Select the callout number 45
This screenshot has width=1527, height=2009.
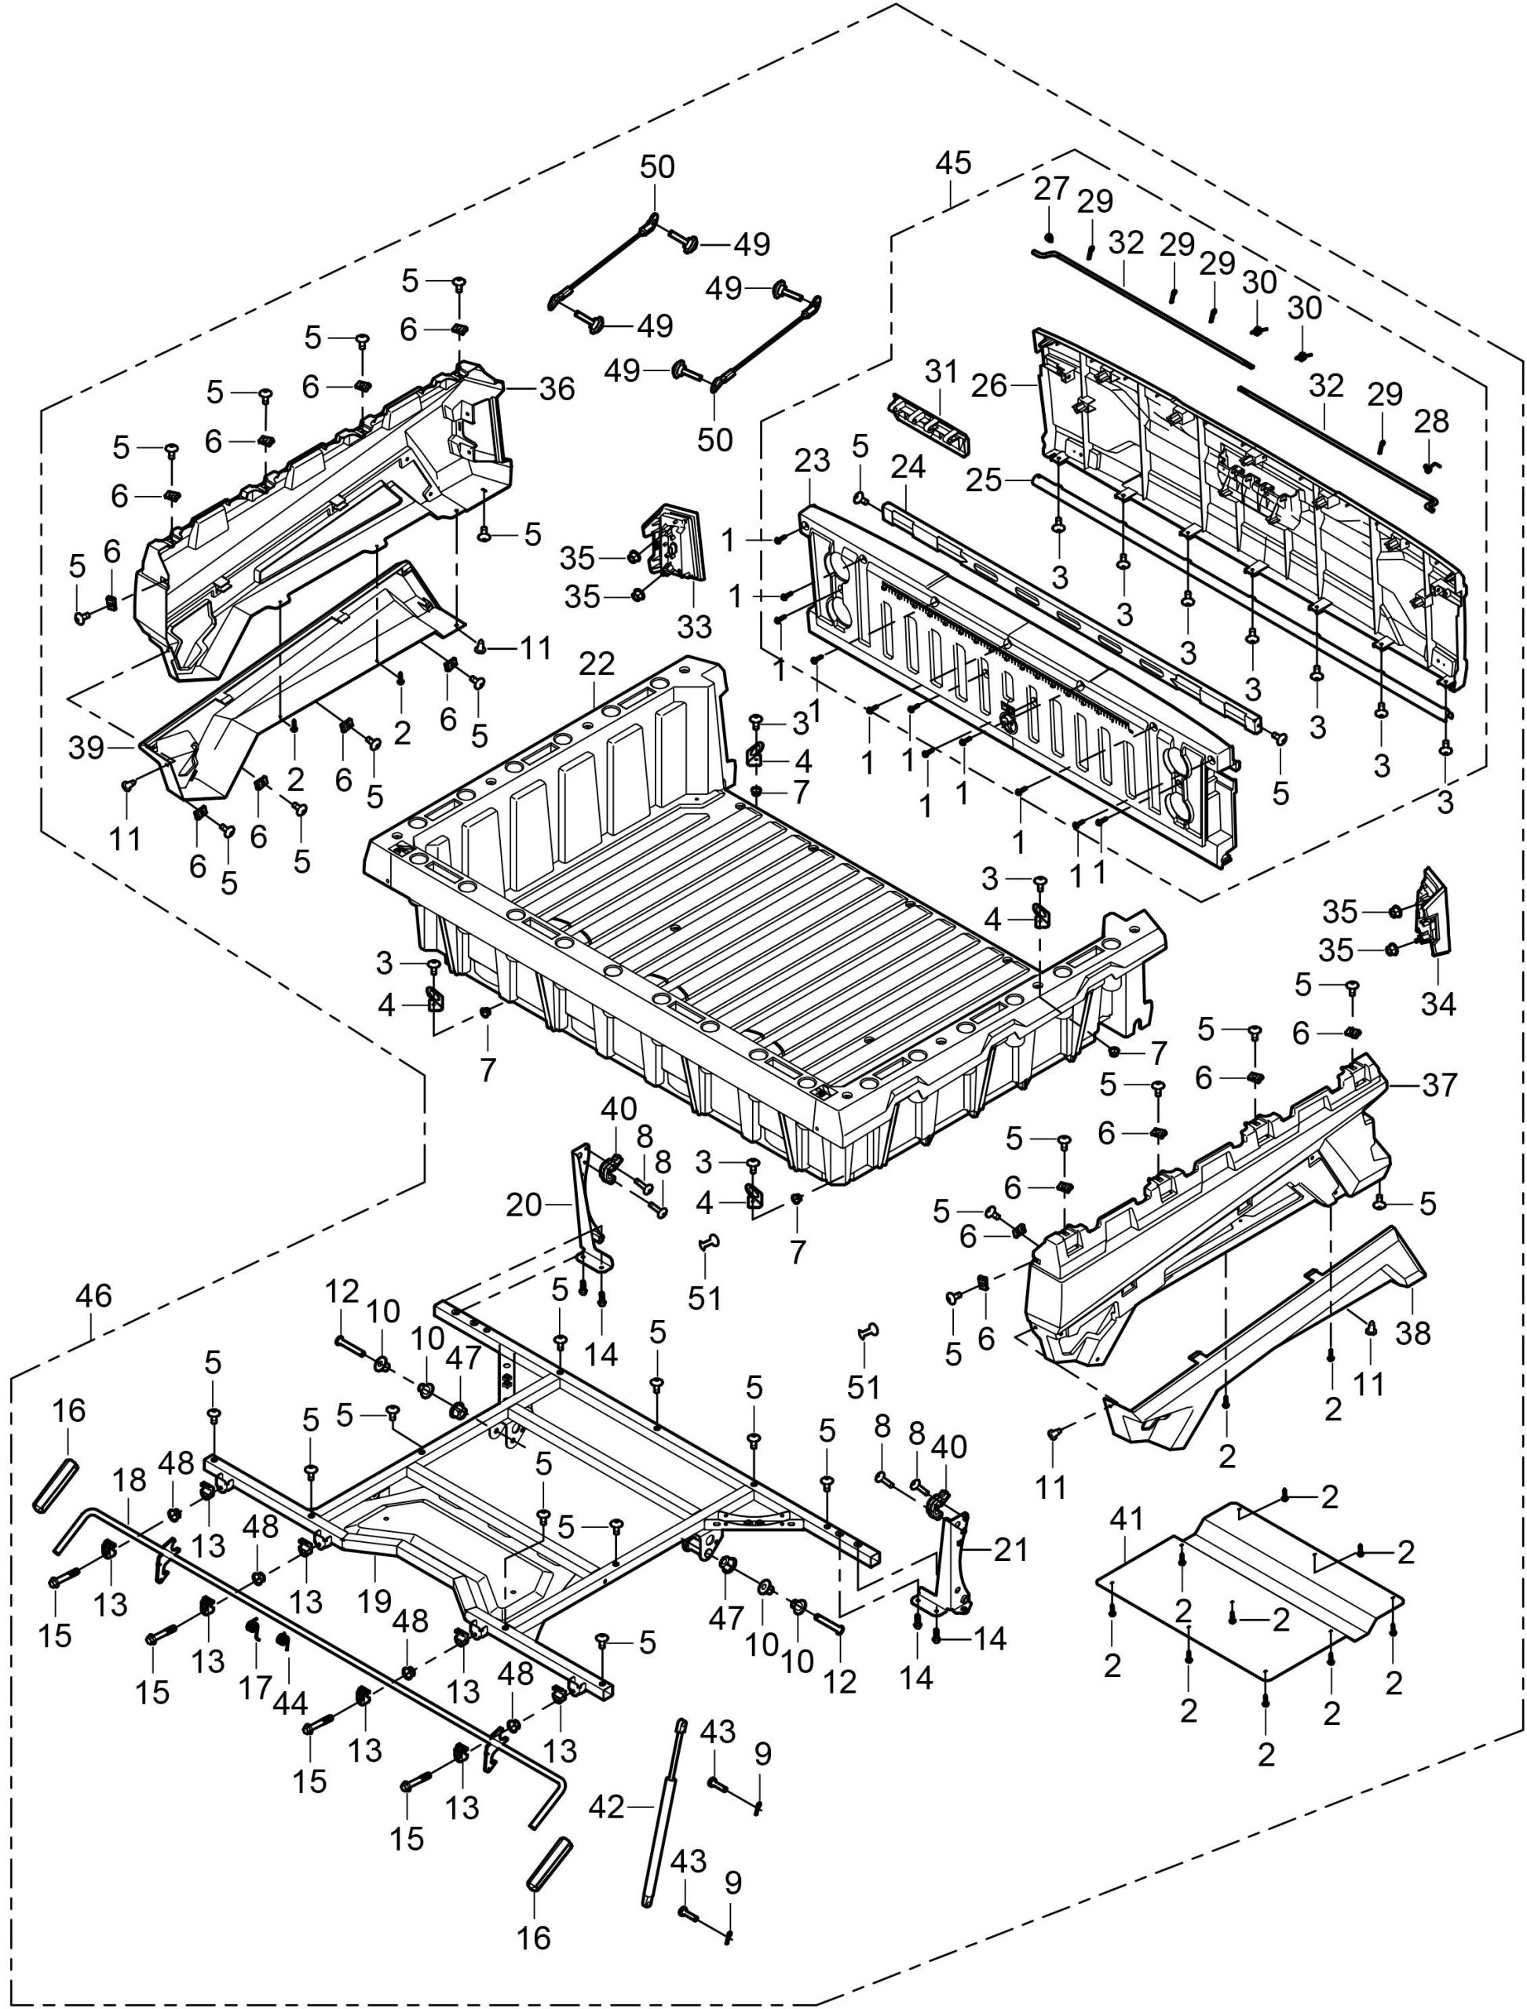coord(952,162)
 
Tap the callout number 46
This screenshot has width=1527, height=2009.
coord(93,1296)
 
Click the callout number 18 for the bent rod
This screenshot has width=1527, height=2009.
coord(129,1481)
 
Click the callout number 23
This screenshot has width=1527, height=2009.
coord(812,461)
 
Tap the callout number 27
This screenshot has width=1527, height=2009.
coord(1052,189)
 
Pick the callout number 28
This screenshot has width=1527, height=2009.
coord(1431,422)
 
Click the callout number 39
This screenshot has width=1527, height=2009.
coord(87,748)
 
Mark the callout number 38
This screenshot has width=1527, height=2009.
coord(1414,1333)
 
